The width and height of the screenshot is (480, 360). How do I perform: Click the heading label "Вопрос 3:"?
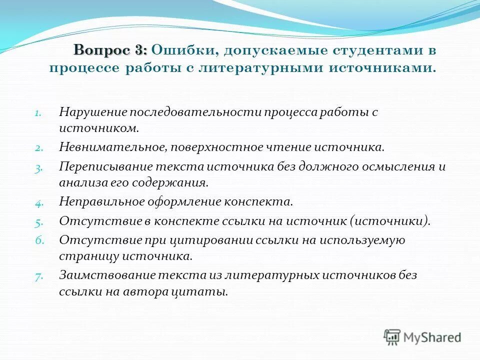tap(110, 50)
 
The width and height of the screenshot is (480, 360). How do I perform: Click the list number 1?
tap(39, 113)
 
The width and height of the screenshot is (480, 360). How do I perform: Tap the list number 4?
tap(39, 203)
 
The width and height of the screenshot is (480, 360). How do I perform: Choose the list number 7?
tap(39, 276)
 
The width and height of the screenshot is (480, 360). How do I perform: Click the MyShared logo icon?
tap(392, 337)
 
